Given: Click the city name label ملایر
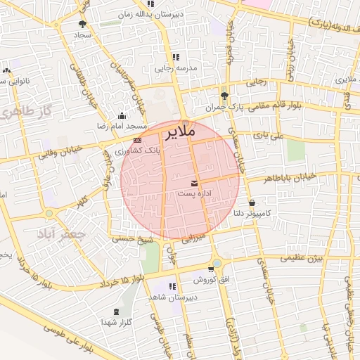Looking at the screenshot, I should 179,132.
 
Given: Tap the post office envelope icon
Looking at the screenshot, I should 194,184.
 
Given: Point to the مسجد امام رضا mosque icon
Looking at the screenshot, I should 122,116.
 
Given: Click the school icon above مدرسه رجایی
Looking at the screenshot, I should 175,58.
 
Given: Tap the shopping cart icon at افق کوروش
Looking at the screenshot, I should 211,269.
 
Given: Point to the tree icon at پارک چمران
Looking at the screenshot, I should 224,96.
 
